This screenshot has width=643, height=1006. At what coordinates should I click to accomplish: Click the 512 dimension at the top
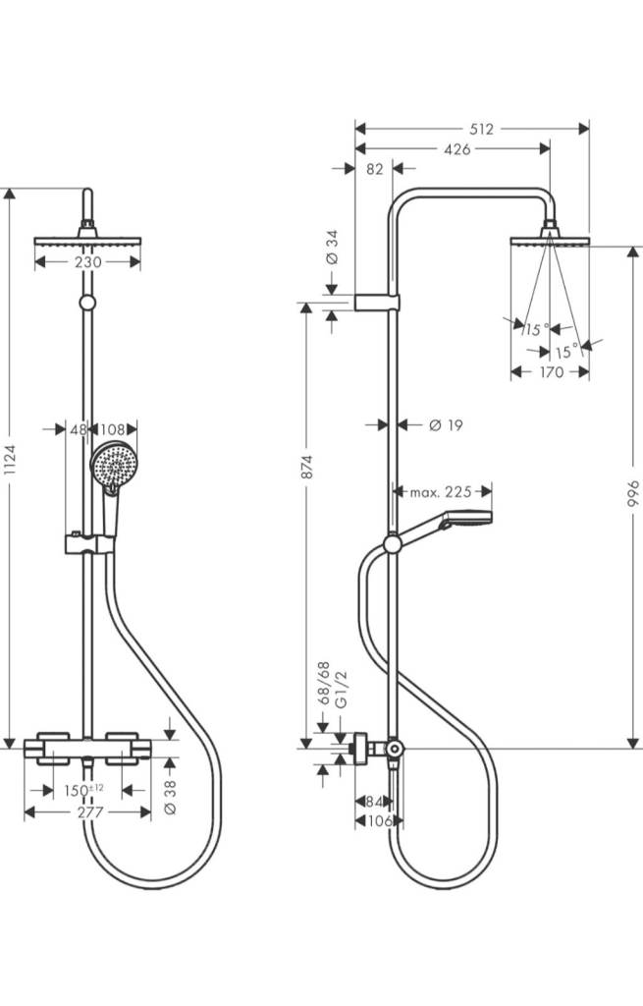481,129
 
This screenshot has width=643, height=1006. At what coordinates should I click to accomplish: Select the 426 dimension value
457,149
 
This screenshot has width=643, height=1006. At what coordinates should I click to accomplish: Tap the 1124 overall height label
10,460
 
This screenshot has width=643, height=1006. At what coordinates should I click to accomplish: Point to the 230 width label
87,262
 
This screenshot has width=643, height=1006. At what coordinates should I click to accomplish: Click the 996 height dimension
633,494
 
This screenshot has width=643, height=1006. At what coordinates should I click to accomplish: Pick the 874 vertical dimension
307,467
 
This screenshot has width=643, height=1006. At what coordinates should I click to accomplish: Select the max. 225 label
441,492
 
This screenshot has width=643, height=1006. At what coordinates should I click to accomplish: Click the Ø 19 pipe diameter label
446,424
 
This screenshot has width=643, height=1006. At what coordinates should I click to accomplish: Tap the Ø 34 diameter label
332,248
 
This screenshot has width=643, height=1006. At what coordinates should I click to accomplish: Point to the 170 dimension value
551,372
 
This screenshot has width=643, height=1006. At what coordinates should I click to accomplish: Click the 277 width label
90,812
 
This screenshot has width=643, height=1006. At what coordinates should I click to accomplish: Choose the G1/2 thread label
342,690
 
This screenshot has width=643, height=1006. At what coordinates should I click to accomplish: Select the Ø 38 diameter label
171,798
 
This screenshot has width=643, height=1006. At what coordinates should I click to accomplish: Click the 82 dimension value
374,169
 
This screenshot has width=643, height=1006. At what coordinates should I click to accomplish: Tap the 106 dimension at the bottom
380,820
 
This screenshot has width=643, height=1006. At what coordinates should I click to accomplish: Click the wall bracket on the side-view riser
377,303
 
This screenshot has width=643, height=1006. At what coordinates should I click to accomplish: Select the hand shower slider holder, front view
89,544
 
